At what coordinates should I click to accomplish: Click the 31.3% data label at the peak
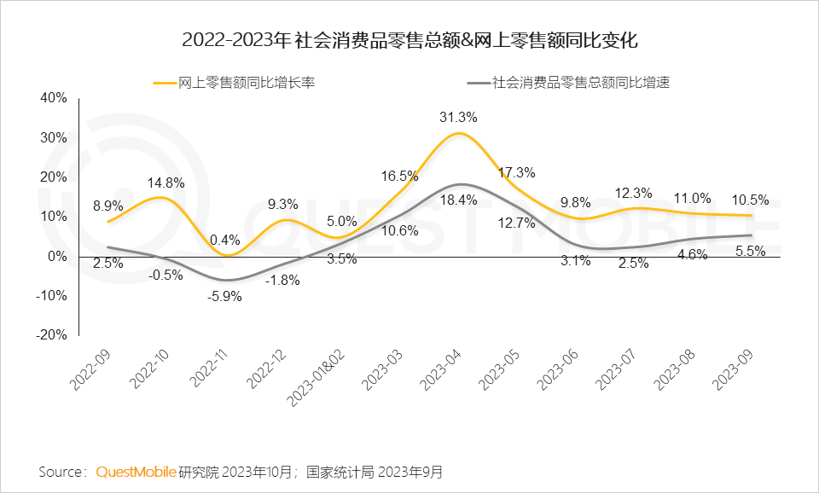[x=458, y=118]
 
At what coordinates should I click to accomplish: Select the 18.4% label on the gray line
[x=458, y=200]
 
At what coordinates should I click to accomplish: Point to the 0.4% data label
[x=226, y=240]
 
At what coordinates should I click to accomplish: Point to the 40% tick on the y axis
[x=53, y=98]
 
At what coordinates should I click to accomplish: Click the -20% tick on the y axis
[x=51, y=335]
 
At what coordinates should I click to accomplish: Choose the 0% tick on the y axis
[x=58, y=256]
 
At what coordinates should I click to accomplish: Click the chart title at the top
[x=409, y=39]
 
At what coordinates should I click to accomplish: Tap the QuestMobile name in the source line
[x=136, y=472]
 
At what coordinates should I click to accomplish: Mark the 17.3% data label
[x=518, y=173]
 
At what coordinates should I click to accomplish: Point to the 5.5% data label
[x=752, y=252]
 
